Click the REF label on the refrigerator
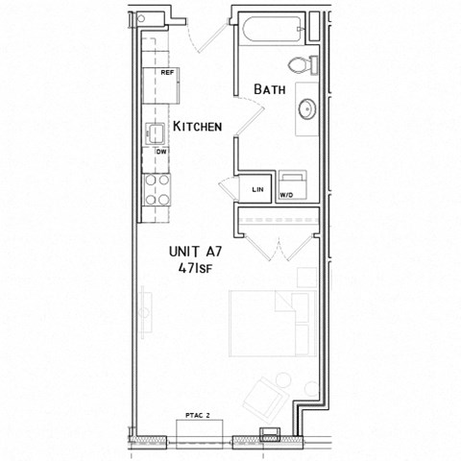[x=166, y=73]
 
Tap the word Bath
[x=271, y=89]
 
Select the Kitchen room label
[x=198, y=126]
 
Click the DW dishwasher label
[x=160, y=152]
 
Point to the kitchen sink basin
[x=155, y=133]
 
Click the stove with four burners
[x=157, y=189]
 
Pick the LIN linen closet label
[x=257, y=190]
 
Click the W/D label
[x=286, y=195]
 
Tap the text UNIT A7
[x=195, y=251]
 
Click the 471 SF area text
[x=195, y=269]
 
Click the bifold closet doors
[x=277, y=245]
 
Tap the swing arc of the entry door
[x=205, y=36]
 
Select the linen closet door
[x=228, y=186]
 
